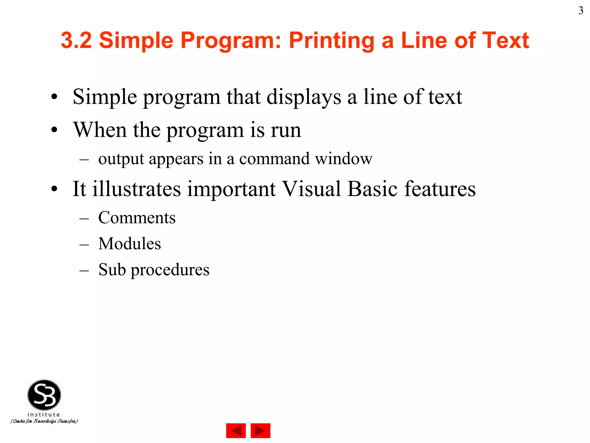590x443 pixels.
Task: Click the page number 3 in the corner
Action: pos(580,11)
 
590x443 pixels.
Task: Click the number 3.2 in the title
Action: pos(76,40)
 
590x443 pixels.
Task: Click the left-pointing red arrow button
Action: pos(236,431)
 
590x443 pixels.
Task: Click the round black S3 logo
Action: pos(44,395)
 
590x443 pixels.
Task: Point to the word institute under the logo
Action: pos(44,414)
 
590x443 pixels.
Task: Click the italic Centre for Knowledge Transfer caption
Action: pos(44,421)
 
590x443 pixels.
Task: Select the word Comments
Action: pos(137,217)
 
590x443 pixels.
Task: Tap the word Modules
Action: pos(130,243)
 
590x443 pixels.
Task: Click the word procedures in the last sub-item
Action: pos(170,270)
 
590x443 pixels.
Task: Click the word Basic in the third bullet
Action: pos(372,189)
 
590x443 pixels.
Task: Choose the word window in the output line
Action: pos(343,159)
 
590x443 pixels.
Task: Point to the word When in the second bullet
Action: pos(100,130)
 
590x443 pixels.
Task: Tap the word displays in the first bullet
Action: pos(304,97)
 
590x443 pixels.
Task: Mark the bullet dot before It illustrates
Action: pos(54,189)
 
